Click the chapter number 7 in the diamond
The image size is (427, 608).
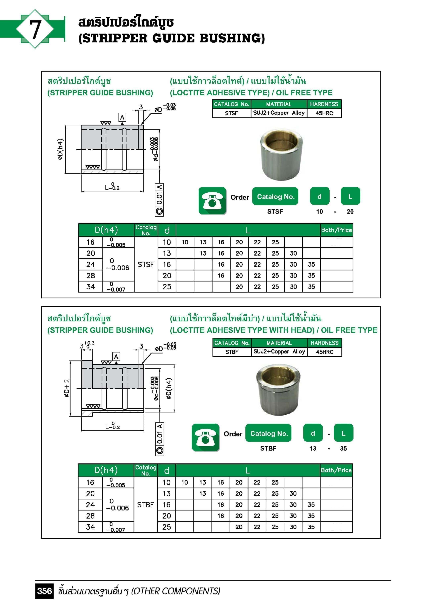35,29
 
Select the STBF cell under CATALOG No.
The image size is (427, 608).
232,352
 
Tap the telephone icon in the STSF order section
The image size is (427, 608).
212,201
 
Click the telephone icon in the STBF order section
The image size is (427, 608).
205,438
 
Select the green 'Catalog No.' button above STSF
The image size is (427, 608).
275,196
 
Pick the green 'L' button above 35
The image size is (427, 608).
343,433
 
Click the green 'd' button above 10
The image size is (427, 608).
320,196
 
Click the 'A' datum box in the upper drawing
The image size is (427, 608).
122,117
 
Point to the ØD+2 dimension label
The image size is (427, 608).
67,388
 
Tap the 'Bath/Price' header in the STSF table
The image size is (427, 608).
337,230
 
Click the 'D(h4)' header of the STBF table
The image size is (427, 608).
106,470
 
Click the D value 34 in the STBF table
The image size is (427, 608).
90,527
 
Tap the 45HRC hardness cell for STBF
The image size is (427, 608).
325,352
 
